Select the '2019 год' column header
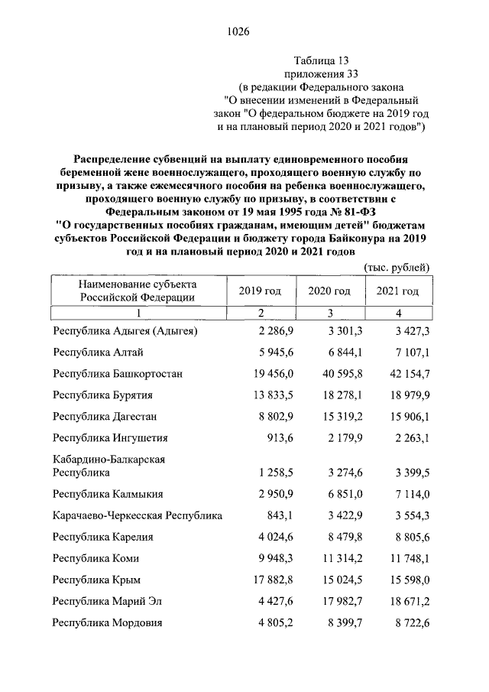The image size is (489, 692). [260, 291]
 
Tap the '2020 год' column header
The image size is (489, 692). [329, 291]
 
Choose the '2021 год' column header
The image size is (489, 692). [397, 291]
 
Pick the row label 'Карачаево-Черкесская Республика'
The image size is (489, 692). [138, 515]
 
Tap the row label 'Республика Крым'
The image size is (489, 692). [96, 580]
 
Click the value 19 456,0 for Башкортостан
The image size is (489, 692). [270, 373]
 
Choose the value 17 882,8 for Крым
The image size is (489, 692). [270, 580]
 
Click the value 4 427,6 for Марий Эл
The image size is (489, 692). [275, 601]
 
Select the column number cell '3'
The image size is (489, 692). [329, 313]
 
